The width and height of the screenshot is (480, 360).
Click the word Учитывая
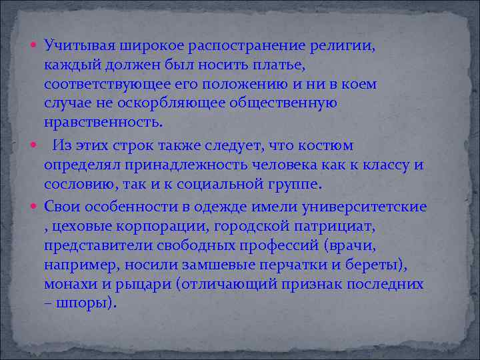pyautogui.click(x=79, y=46)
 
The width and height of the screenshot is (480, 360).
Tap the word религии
pyautogui.click(x=341, y=46)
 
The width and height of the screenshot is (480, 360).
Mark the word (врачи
pyautogui.click(x=351, y=245)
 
